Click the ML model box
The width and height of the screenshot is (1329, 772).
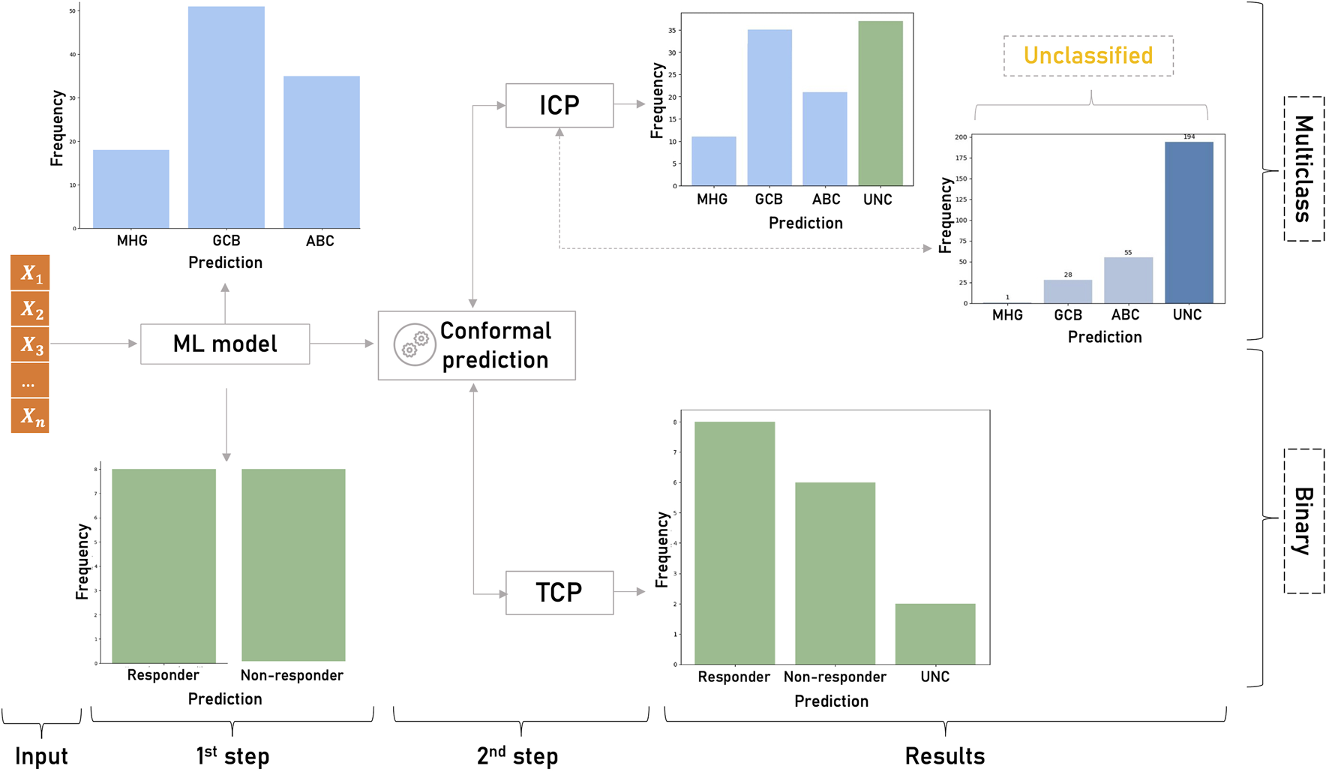(225, 344)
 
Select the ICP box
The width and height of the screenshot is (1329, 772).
(559, 106)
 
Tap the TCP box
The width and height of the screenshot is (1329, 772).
(559, 593)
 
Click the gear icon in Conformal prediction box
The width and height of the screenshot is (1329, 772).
(415, 345)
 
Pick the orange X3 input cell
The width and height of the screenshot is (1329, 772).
(31, 345)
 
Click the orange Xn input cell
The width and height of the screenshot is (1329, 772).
(31, 416)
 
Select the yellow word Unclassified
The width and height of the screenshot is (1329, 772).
(1088, 56)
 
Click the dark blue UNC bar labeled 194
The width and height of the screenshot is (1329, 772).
(1189, 223)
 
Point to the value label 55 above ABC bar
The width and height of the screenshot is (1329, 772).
(1128, 253)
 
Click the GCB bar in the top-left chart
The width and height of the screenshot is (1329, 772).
(226, 118)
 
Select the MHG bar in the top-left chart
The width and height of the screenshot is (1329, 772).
(131, 189)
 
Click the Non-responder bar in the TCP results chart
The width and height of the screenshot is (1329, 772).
(835, 573)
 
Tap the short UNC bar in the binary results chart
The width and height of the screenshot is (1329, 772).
(935, 634)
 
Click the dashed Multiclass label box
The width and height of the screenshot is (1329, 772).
(1303, 169)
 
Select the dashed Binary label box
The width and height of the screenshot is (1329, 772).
(1303, 521)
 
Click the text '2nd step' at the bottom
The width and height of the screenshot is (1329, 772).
(517, 755)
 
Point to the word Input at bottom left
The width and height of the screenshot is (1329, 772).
(41, 756)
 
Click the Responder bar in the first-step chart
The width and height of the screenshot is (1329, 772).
(163, 566)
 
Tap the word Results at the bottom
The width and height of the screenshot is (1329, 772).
(945, 755)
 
